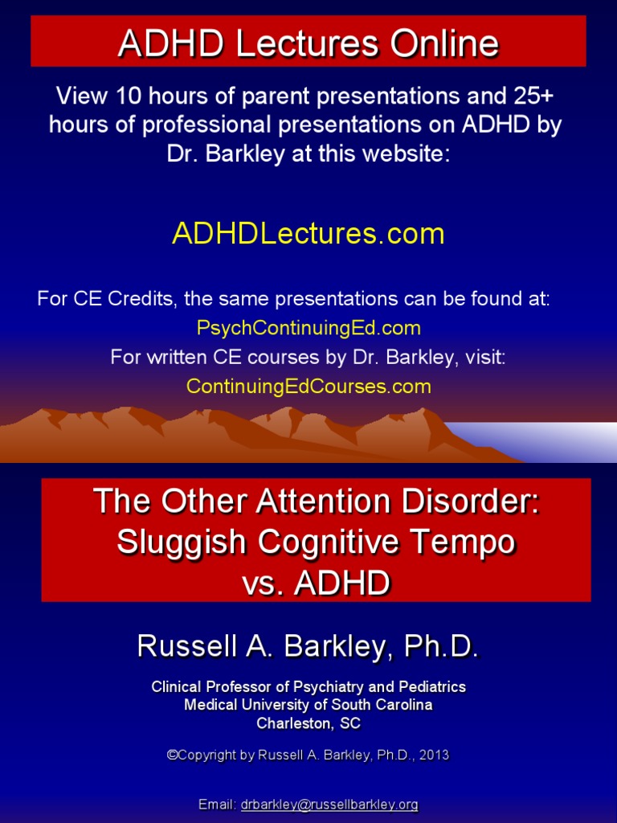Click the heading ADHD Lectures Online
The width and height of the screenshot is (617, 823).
pos(308,43)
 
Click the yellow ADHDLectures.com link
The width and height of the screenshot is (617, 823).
pos(308,234)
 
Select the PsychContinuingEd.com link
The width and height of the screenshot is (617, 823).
pos(308,328)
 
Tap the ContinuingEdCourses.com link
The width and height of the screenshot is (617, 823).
pos(308,387)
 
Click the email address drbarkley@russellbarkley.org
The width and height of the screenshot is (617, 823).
pos(329,805)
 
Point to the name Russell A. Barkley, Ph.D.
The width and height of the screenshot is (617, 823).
pos(308,645)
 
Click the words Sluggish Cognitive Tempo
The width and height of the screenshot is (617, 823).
pos(316,542)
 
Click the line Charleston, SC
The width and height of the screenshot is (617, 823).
pos(308,723)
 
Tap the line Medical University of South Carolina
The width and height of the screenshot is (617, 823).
pos(308,705)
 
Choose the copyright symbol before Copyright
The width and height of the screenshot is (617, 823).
pos(171,755)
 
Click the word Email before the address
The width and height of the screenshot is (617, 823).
pos(218,805)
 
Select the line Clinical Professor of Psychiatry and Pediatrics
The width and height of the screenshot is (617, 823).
pos(308,687)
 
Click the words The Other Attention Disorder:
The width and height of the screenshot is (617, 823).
pos(316,502)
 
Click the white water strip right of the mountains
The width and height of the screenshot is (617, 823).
pos(546,441)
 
